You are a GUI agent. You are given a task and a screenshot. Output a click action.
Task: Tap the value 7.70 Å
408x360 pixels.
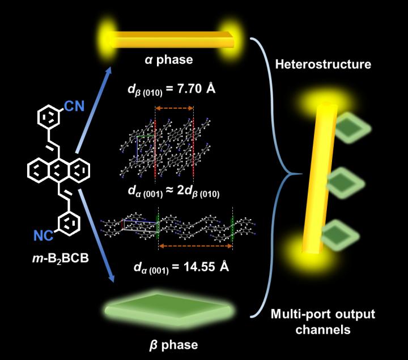(x=200, y=89)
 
